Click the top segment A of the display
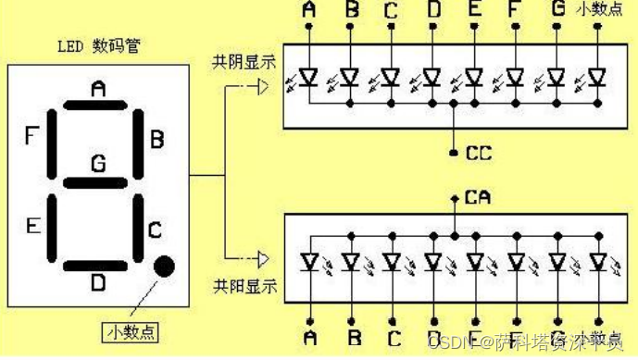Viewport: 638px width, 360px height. tap(97, 105)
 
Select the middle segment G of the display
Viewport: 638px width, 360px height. tap(97, 179)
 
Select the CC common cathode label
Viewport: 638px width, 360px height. tap(479, 151)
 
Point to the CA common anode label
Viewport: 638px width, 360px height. tap(479, 196)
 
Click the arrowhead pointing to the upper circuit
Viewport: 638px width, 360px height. tap(262, 88)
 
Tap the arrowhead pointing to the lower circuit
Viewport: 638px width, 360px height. tap(262, 258)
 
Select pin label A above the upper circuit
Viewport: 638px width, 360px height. tap(308, 11)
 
